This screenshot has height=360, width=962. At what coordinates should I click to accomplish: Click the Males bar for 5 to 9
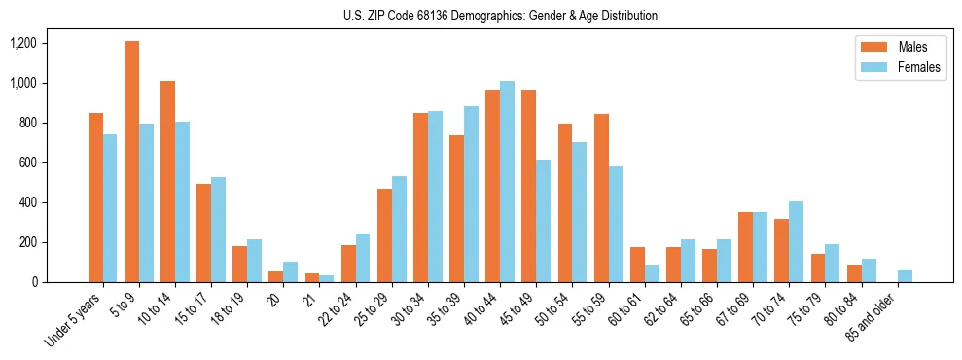point(131,162)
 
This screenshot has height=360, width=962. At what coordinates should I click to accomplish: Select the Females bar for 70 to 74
point(796,241)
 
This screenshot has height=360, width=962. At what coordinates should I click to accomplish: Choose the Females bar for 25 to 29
point(399,229)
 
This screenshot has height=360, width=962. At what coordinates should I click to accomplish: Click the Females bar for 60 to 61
point(652,273)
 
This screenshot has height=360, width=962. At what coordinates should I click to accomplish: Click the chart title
point(500,16)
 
